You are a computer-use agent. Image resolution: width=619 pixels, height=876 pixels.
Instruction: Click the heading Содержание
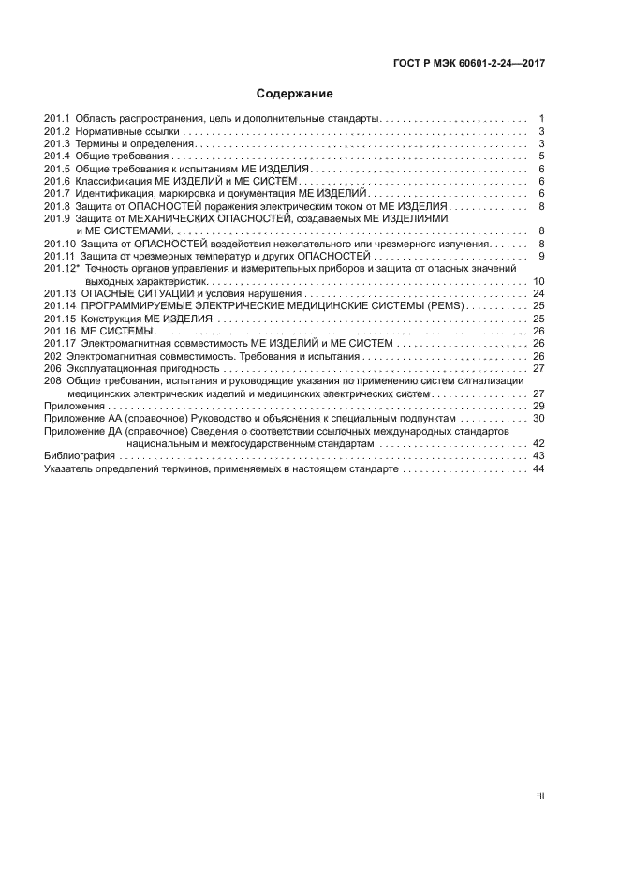pos(295,94)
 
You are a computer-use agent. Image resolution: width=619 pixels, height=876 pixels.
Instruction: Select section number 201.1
pos(57,119)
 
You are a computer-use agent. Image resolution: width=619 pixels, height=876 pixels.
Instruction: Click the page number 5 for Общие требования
pos(542,156)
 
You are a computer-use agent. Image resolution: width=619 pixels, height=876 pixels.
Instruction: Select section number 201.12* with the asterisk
pos(62,269)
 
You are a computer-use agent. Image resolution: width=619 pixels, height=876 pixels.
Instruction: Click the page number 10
pos(538,281)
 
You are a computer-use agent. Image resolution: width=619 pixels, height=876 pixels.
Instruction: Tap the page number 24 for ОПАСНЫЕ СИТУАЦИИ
pos(538,293)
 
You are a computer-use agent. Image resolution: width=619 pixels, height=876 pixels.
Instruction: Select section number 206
pos(52,368)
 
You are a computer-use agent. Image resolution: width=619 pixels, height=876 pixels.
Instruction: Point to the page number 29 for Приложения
pos(538,406)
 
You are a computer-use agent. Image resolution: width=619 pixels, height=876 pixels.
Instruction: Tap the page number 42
pos(538,443)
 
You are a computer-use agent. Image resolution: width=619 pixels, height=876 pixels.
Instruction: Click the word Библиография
pos(80,455)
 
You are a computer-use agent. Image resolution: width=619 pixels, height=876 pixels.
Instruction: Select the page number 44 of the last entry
pos(538,468)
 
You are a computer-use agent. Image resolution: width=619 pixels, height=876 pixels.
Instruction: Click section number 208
pos(52,381)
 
